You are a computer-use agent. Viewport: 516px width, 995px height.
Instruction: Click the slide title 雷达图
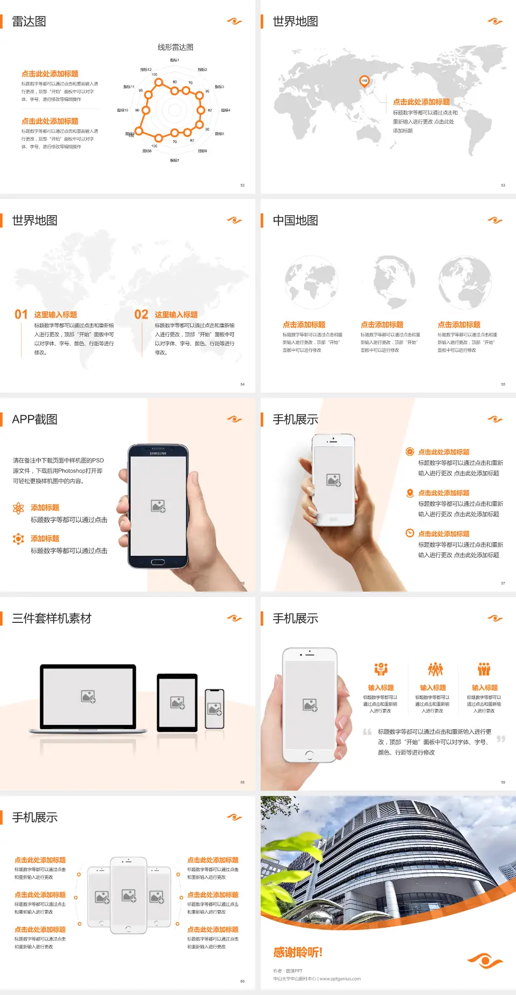pos(29,22)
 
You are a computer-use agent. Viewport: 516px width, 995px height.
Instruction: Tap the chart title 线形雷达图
pos(175,47)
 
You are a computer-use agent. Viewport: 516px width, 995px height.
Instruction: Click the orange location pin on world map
pos(364,81)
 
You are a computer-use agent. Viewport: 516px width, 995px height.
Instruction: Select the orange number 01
pos(21,315)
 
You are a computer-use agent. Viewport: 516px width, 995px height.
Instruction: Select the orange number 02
pos(141,315)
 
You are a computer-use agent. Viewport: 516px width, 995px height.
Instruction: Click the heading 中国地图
pos(295,221)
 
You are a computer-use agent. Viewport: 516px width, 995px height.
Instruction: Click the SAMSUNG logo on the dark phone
pos(158,453)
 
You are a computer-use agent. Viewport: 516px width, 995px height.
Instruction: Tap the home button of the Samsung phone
pos(157,562)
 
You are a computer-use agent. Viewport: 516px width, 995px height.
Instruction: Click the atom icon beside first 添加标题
pos(18,508)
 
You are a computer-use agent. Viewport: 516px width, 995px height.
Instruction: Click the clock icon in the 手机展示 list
pos(410,533)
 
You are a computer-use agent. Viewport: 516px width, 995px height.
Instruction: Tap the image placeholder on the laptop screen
pos(88,696)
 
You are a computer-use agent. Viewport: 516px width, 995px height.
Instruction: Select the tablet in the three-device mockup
pos(177,702)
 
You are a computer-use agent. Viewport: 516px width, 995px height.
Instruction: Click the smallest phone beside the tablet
pos(214,709)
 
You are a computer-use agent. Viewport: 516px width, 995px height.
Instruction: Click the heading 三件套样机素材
pos(52,619)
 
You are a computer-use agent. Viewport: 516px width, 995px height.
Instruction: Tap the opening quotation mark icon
pos(367,732)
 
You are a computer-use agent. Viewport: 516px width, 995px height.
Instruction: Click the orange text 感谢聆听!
pos(298,953)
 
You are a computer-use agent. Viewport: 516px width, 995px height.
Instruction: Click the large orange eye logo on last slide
pos(485,960)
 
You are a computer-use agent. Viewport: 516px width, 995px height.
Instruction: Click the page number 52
pos(242,185)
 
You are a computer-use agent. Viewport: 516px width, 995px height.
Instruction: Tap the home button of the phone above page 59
pos(309,755)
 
